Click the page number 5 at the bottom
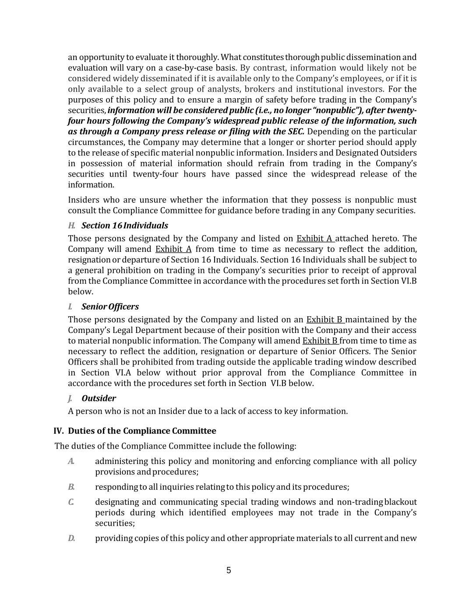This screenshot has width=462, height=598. click(x=229, y=570)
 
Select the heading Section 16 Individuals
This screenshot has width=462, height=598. click(x=124, y=226)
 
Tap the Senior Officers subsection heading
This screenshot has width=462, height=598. click(x=110, y=307)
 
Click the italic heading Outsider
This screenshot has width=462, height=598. click(x=99, y=398)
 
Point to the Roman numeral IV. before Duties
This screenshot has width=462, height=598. click(x=59, y=431)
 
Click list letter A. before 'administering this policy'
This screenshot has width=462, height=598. click(x=71, y=461)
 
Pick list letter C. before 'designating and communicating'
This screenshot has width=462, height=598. click(x=71, y=502)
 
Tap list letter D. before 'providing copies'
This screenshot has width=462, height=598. click(x=71, y=538)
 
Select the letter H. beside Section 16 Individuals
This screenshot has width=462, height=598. click(x=72, y=226)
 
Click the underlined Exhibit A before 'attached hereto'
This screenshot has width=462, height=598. click(x=315, y=239)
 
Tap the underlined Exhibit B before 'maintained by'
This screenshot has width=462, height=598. click(x=324, y=320)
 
